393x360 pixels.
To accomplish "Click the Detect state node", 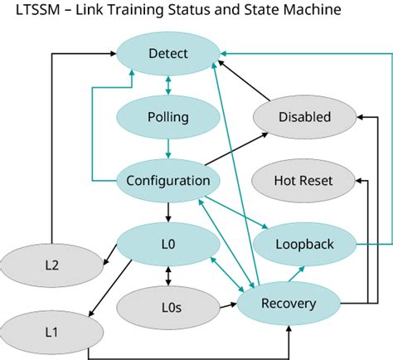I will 168,54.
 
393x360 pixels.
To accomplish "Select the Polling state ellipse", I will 168,117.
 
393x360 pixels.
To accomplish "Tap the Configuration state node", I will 168,180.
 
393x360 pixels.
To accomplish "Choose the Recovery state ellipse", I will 288,303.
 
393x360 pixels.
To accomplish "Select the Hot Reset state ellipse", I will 303,180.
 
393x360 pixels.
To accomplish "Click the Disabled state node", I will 303,117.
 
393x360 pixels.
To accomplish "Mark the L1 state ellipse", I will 51,332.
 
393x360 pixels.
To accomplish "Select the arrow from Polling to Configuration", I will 168,148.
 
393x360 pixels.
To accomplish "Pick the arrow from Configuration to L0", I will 168,212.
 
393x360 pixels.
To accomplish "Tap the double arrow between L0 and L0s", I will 168,275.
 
